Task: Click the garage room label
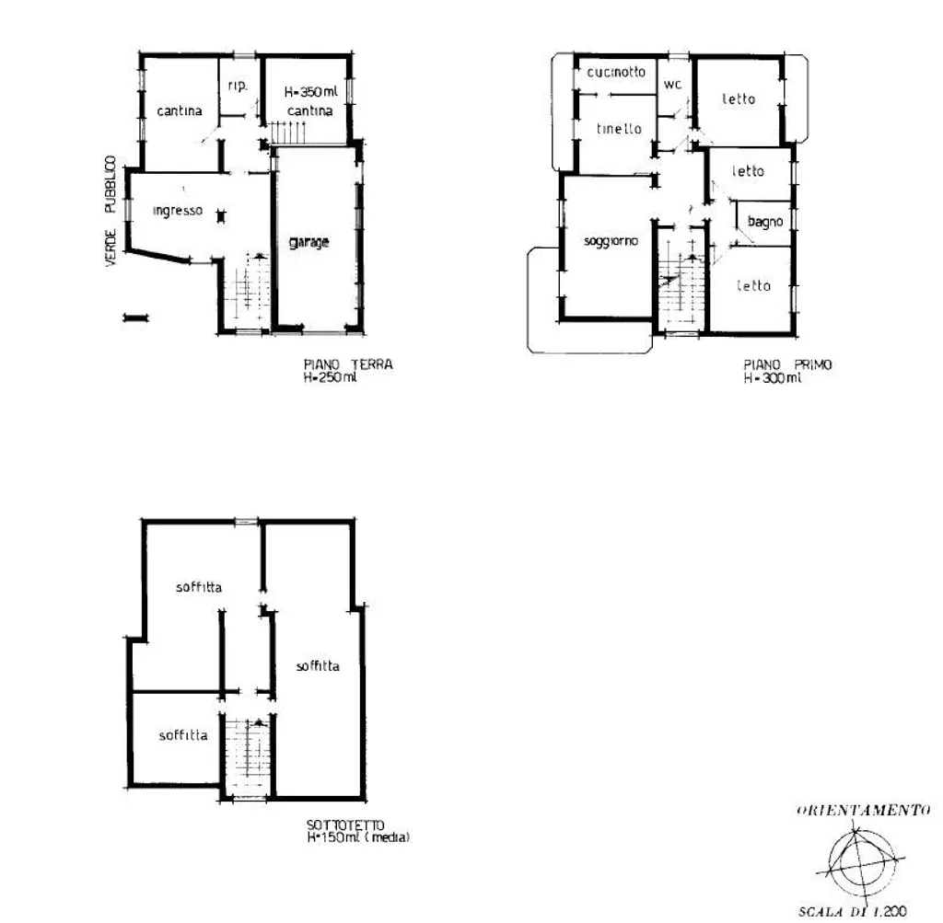309,242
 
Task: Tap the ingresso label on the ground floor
178,211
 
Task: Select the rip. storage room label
238,86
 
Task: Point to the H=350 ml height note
311,92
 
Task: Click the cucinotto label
616,72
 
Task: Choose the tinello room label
619,129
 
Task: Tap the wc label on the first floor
672,84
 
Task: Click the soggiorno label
611,242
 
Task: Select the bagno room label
765,222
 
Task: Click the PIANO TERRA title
348,364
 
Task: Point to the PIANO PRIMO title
788,364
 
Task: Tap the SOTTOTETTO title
345,825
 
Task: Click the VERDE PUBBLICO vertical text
111,211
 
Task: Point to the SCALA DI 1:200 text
853,912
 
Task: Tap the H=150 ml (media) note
358,837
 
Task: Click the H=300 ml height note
773,378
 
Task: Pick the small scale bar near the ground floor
136,317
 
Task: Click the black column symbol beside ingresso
221,216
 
